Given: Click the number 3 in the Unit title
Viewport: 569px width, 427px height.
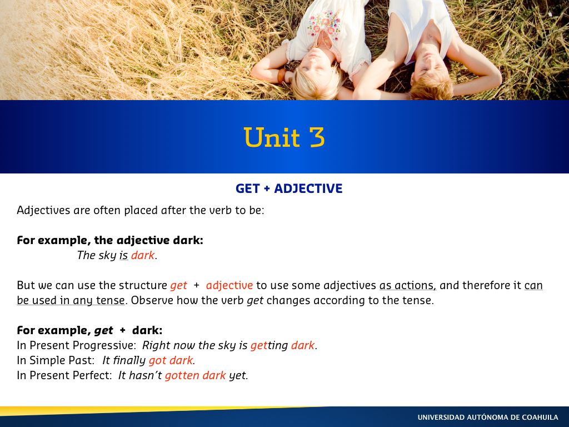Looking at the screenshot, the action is [x=317, y=137].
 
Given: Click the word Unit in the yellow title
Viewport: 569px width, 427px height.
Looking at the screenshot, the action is [x=272, y=137].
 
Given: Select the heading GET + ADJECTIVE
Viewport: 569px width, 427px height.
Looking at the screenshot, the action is [x=289, y=188].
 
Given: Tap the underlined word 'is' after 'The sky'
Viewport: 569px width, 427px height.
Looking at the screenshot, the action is [x=124, y=255].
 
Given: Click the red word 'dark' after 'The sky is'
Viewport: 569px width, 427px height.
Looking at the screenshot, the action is [x=143, y=255].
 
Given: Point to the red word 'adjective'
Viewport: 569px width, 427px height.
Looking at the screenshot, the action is [x=229, y=286].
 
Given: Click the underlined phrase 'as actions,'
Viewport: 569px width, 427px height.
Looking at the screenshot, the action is [x=407, y=285].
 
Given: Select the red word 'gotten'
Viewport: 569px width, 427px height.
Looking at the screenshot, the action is [x=182, y=375].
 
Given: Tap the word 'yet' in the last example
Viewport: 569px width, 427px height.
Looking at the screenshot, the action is [x=238, y=376].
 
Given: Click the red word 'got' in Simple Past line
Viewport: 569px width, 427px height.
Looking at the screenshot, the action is [x=157, y=360].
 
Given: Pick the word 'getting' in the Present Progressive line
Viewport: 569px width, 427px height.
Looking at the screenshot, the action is [x=269, y=345].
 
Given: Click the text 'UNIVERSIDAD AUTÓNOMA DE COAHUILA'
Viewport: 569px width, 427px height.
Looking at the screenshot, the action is [x=488, y=417].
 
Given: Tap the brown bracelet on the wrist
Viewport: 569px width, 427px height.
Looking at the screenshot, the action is [x=282, y=76].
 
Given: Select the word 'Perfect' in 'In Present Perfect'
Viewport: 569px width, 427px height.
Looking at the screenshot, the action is [x=93, y=375].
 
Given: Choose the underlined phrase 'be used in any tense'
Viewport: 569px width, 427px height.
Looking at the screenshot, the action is [x=71, y=301].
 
